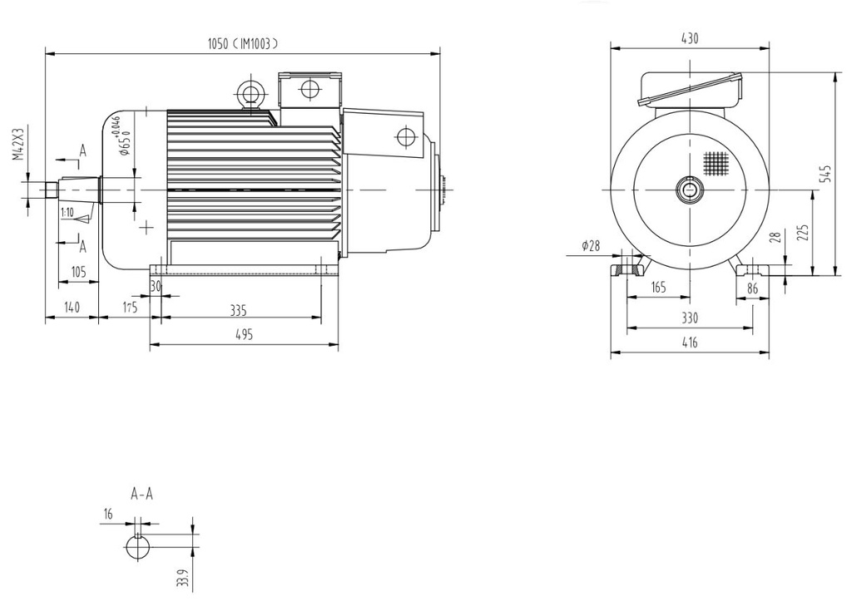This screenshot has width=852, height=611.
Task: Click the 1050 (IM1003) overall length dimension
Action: pos(242,44)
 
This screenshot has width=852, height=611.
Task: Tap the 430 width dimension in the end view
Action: pos(690,38)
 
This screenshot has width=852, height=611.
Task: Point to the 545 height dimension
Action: pos(825,173)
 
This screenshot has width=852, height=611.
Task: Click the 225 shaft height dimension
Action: pos(802,232)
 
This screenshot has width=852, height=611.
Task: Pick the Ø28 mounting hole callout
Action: pos(591,245)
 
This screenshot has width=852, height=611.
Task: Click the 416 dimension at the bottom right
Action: pos(690,342)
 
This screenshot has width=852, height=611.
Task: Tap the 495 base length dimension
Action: pos(243,334)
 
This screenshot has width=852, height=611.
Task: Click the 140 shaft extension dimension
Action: pos(72,308)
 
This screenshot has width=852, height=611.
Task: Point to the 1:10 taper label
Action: pos(67,213)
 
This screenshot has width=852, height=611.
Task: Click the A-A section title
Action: pos(142,494)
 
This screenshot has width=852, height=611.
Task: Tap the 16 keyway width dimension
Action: pos(107,515)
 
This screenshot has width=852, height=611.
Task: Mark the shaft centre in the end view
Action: pos(690,190)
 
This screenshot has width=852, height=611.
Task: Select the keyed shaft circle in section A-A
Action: pos(139,549)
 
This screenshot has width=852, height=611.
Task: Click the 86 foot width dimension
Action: pos(753,289)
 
